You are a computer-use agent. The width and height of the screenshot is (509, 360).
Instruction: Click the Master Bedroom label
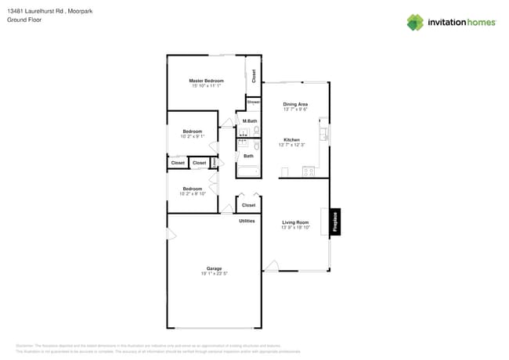coord(206,81)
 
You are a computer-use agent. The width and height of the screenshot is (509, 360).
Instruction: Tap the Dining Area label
coord(295,104)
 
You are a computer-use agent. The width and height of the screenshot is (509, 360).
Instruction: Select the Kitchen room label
coord(291,140)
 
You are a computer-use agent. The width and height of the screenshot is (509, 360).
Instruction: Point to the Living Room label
coord(295,223)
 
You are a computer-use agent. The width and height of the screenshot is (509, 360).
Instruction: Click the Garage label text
coord(214,268)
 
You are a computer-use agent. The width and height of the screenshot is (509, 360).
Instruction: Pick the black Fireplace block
coord(335,221)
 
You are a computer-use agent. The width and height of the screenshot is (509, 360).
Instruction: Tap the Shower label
coord(253,103)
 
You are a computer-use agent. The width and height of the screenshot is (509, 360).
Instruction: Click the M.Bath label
coord(250,121)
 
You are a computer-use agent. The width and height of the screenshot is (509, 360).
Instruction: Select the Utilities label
coord(247,221)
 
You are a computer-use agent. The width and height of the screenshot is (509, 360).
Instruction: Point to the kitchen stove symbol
coord(308,171)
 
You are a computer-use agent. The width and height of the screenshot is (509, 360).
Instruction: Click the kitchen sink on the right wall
coord(324,137)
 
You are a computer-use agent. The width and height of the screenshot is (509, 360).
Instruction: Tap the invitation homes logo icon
coord(414,22)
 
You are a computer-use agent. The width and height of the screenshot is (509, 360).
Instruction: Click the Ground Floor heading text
coord(24,20)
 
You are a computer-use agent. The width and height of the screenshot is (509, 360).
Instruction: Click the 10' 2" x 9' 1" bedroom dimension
coord(193,136)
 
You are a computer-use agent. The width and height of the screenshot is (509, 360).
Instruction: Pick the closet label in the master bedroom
coord(254,75)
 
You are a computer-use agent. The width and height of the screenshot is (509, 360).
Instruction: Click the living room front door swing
coord(271,267)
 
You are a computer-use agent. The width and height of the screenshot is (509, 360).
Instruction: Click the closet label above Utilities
coord(248,205)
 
